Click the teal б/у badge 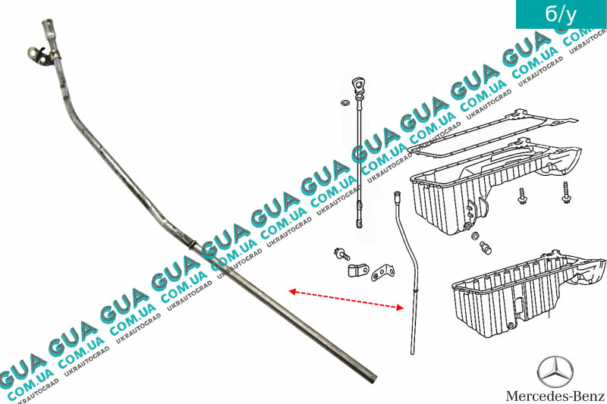[561, 14]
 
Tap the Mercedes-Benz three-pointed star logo [555, 371]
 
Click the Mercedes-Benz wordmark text [555, 396]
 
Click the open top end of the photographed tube [48, 21]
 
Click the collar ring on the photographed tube [193, 244]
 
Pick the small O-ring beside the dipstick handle [344, 102]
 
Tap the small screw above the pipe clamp [342, 253]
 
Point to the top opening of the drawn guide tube [396, 193]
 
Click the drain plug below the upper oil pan [486, 247]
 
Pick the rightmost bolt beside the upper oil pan [566, 193]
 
